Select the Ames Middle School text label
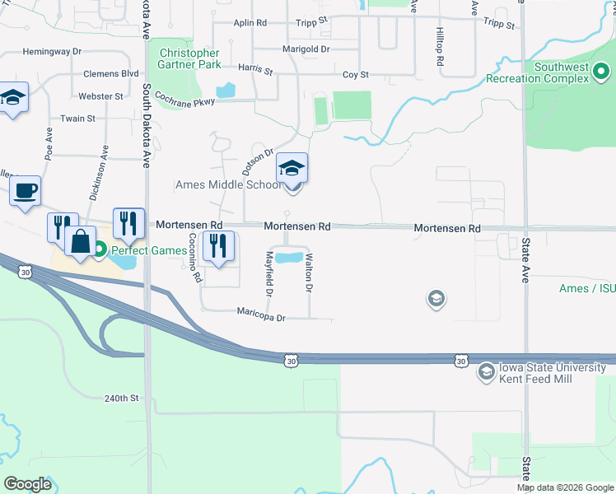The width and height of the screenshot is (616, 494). point(228,184)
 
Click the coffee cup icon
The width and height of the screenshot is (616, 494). point(26,190)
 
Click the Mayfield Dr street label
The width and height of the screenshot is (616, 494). point(268,274)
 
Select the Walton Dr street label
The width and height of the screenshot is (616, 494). point(309,274)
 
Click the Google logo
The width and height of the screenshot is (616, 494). point(27,484)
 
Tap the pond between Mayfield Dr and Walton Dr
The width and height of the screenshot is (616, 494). point(287,258)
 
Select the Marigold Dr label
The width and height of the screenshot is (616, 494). point(306,49)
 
